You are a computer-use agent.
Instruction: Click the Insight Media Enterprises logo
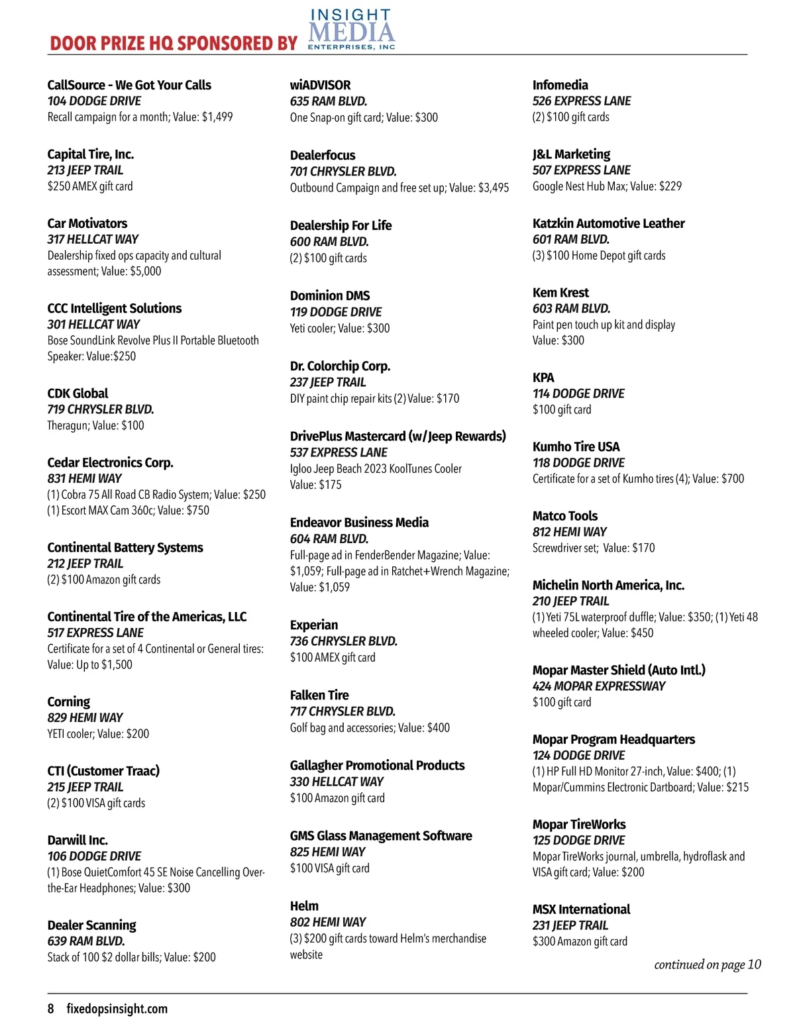point(351,30)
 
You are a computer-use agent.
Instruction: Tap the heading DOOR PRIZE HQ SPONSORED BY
point(174,44)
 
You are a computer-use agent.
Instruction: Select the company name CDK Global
point(78,393)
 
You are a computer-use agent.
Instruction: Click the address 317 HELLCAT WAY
point(93,239)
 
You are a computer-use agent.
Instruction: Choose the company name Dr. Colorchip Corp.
point(340,366)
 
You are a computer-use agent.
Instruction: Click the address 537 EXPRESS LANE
point(339,452)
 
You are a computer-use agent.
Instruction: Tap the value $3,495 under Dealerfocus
point(494,187)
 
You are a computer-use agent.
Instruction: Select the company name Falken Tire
point(319,696)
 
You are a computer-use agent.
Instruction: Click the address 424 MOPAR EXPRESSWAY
point(599,686)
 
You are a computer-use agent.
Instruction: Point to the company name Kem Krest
point(560,293)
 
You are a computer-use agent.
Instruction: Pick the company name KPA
point(543,378)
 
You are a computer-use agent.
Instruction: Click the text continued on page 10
point(708,964)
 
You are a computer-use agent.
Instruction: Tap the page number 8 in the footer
point(51,1009)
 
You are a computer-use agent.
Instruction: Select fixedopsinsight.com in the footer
point(117,1009)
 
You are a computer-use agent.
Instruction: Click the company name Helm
point(304,906)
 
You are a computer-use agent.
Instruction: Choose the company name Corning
point(68,702)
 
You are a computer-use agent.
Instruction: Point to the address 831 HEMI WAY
point(85,478)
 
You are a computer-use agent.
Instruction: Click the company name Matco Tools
point(565,516)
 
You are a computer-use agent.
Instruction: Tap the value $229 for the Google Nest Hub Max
point(670,186)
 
